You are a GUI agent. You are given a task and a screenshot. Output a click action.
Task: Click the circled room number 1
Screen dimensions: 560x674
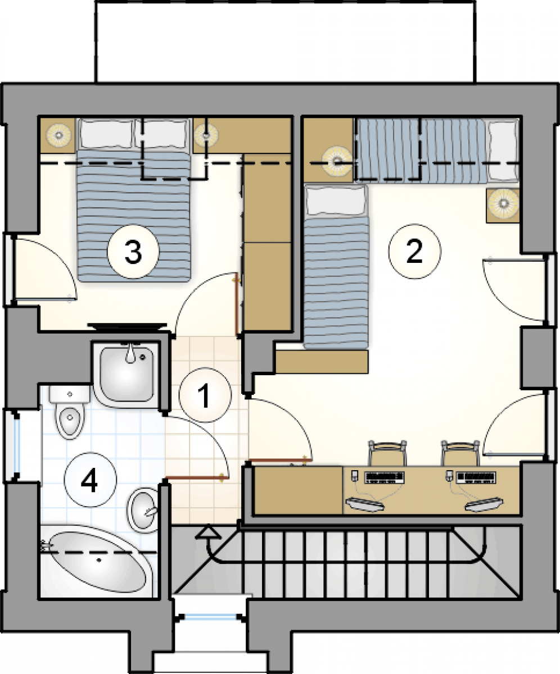click(x=205, y=394)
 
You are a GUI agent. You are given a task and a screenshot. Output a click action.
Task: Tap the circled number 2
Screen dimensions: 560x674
click(x=415, y=252)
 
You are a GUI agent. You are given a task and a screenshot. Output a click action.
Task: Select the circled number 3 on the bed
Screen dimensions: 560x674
click(x=133, y=252)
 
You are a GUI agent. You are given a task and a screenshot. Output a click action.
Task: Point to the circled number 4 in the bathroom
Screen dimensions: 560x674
click(x=90, y=480)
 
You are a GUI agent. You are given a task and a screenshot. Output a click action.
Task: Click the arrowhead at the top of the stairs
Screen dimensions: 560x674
click(x=209, y=532)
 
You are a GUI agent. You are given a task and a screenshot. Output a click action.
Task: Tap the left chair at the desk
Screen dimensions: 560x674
click(x=387, y=453)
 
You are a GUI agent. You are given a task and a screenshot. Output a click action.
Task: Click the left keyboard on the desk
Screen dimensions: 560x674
click(x=385, y=476)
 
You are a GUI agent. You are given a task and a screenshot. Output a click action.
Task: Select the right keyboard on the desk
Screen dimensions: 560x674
click(x=476, y=476)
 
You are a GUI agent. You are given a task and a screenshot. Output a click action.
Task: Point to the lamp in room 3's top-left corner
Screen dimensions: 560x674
click(x=58, y=135)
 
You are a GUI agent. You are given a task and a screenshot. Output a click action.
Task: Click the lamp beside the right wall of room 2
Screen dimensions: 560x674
click(x=503, y=203)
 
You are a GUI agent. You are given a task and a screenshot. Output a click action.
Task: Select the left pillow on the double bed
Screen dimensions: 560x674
click(x=107, y=133)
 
